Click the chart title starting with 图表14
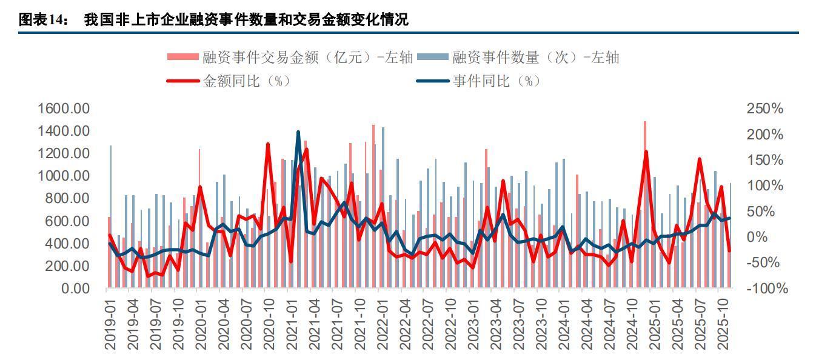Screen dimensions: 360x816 [213, 19]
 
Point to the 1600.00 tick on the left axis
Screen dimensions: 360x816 [64, 109]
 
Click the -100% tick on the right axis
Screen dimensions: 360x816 [766, 288]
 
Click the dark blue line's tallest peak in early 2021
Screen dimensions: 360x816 [298, 132]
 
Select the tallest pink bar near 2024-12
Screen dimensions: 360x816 [644, 205]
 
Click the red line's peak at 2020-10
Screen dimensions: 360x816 [268, 144]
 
